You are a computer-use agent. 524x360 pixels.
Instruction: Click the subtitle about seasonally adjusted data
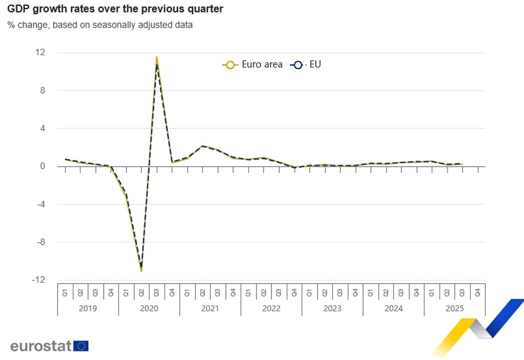point(100,25)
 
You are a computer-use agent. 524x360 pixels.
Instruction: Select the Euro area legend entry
point(253,64)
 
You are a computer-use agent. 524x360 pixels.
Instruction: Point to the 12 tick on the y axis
point(40,52)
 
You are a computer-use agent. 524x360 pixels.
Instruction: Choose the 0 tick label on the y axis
point(42,167)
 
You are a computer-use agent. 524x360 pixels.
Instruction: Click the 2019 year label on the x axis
point(88,309)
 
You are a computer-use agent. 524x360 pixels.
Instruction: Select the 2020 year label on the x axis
point(149,309)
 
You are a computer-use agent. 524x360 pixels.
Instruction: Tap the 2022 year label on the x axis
point(271,309)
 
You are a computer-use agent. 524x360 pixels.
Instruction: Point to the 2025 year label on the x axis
point(454,309)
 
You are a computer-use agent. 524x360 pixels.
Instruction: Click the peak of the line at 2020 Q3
point(157,58)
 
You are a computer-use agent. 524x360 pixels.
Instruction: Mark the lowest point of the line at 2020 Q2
point(141,270)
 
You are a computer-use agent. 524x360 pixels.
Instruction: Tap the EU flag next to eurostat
point(81,346)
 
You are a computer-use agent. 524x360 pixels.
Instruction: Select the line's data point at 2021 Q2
point(202,146)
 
